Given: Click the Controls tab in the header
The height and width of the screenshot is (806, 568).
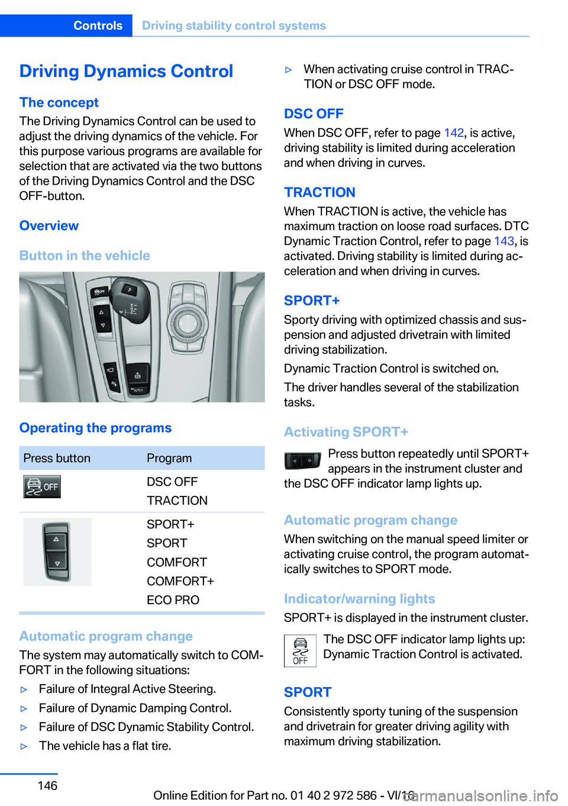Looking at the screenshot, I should point(98,25).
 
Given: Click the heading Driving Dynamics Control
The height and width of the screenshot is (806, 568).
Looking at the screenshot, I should point(126,71).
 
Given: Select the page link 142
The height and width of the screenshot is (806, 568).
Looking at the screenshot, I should point(454,133).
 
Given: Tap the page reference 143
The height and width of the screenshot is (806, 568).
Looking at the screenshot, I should point(504,241).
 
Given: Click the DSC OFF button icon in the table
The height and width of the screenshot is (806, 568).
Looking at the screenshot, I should point(42,487).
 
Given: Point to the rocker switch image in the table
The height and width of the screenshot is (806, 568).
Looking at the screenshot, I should point(57,552).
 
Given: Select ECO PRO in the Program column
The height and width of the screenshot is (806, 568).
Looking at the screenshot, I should point(173,600).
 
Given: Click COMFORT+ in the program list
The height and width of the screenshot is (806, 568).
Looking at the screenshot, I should point(180,581).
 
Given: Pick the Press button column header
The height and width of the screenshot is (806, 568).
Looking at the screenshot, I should point(57,458).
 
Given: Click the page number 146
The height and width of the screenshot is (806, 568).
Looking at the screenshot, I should point(47,785).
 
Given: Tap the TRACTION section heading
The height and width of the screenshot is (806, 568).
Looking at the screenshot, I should point(319,192).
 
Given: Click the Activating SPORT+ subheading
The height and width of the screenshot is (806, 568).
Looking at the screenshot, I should point(346,432).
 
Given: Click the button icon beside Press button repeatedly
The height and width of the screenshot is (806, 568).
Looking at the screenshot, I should point(302,460).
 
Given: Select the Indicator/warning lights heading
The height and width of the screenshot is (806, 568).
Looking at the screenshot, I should point(359,599).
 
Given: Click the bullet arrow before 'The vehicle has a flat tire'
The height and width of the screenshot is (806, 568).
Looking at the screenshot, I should point(24,746).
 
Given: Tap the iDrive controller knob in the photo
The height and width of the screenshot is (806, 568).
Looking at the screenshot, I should point(188,323).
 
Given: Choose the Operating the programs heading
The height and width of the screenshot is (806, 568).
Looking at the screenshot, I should point(95,428).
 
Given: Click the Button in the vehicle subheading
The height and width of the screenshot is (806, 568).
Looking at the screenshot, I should point(85,256).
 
